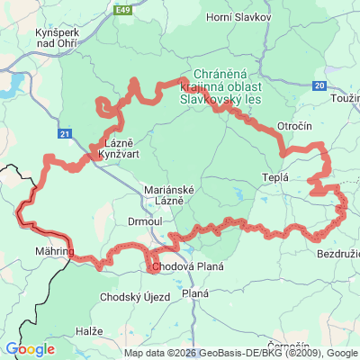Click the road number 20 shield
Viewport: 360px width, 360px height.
[x=320, y=85]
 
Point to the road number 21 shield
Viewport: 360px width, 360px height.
[x=64, y=134]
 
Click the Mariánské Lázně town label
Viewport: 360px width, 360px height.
[x=165, y=195]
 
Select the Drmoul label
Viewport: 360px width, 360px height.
[x=144, y=220]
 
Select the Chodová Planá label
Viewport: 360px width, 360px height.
[x=186, y=267]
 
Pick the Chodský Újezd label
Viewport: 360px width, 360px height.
[x=130, y=298]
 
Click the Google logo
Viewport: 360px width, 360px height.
[x=30, y=349]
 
